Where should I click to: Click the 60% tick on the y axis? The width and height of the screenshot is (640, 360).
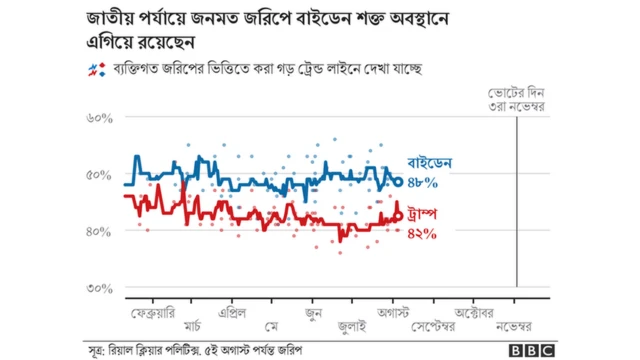tap(100, 118)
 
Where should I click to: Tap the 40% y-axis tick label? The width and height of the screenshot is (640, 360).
tap(100, 232)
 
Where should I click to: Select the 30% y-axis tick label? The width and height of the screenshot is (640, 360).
tap(100, 289)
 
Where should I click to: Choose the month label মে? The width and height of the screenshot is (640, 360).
tap(272, 326)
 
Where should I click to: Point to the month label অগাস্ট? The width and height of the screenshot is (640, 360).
tap(394, 310)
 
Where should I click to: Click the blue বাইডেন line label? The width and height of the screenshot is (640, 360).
tap(432, 162)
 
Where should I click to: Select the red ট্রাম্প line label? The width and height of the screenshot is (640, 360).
tap(426, 214)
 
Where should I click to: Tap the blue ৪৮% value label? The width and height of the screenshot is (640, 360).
tap(423, 182)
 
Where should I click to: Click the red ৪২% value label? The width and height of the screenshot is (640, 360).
tap(423, 233)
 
